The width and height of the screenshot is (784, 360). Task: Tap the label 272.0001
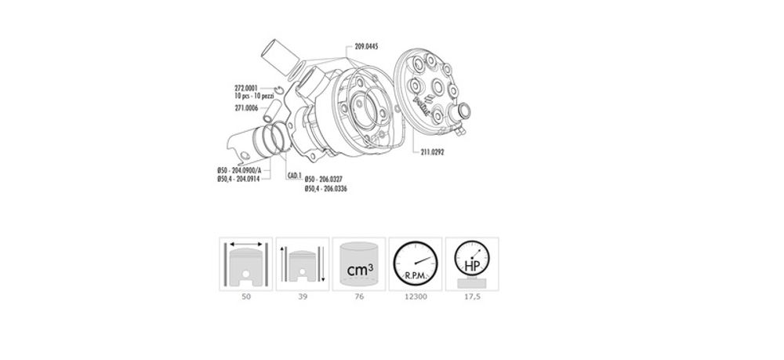(247, 87)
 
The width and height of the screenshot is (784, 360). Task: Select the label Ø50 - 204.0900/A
(244, 171)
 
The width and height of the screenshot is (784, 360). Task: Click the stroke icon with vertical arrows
(301, 264)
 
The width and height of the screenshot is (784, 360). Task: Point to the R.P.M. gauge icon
(414, 264)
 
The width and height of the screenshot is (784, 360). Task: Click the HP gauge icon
(470, 264)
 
